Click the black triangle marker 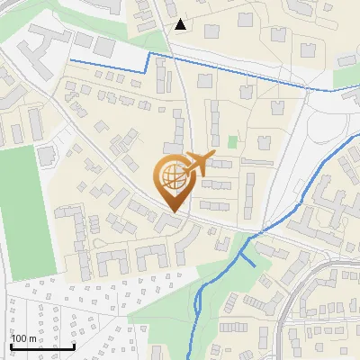(181, 24)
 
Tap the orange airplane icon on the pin (199, 162)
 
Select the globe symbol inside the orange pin (172, 176)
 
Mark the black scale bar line (41, 346)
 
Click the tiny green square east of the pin (232, 141)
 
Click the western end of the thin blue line (71, 59)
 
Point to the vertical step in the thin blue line (148, 63)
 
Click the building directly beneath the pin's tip (170, 221)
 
